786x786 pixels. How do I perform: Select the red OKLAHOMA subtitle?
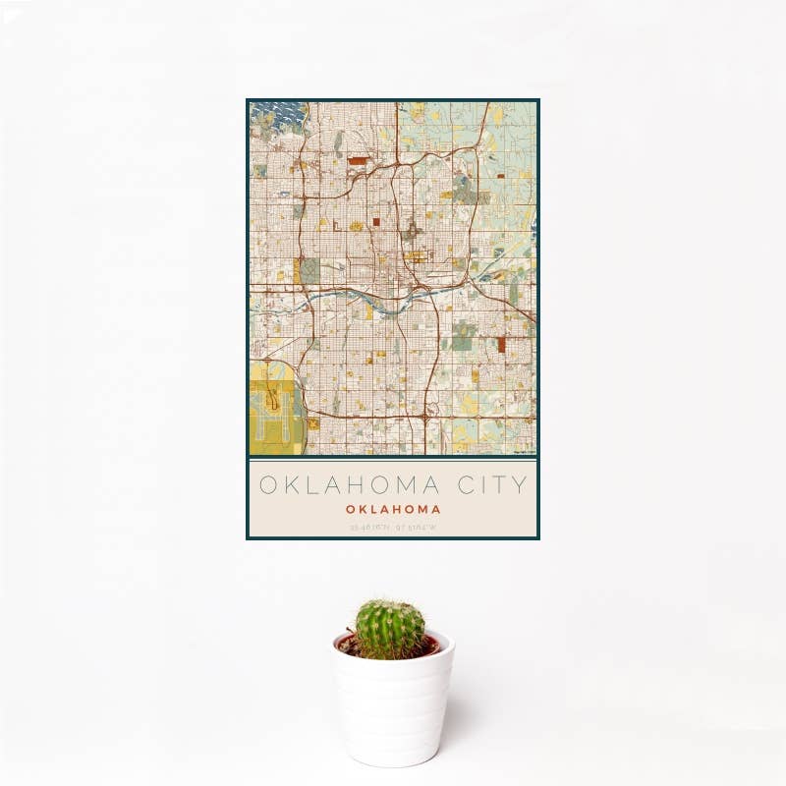(x=393, y=510)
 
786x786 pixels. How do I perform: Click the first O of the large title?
(x=265, y=485)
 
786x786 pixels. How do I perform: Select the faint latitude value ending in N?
(x=369, y=528)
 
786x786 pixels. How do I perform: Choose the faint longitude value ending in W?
(x=417, y=528)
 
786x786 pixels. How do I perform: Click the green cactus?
(x=390, y=629)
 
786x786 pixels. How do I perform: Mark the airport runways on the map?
(x=274, y=408)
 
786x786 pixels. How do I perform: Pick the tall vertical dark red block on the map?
(x=502, y=344)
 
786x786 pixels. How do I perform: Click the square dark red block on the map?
(x=375, y=222)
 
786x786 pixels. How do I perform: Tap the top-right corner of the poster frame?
(x=538, y=100)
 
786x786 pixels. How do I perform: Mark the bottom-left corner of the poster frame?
(x=248, y=538)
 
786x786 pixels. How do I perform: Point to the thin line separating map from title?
(x=393, y=459)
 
